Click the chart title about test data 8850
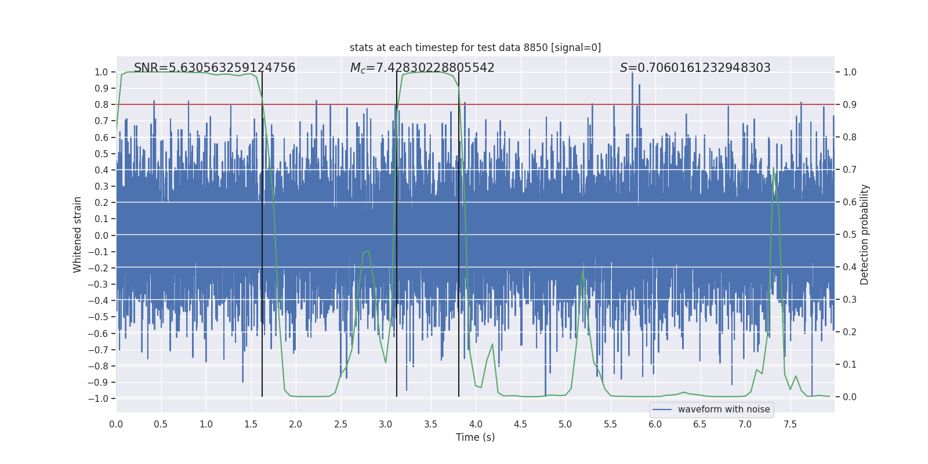475,48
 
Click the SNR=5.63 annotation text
215,68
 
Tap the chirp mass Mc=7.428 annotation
422,68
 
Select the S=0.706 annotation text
695,68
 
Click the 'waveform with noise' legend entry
723,409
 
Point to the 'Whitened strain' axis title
78,235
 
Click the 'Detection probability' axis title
865,235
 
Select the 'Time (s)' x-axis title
475,437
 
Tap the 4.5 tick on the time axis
520,424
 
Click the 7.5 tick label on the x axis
790,424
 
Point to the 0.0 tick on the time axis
116,424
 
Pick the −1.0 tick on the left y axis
98,398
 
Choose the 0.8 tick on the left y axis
101,105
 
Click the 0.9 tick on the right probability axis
850,105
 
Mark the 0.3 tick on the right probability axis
850,300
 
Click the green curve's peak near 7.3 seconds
773,168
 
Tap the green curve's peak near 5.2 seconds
583,270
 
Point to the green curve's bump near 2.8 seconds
368,251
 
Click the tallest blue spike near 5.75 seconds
632,75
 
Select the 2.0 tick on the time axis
295,424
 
